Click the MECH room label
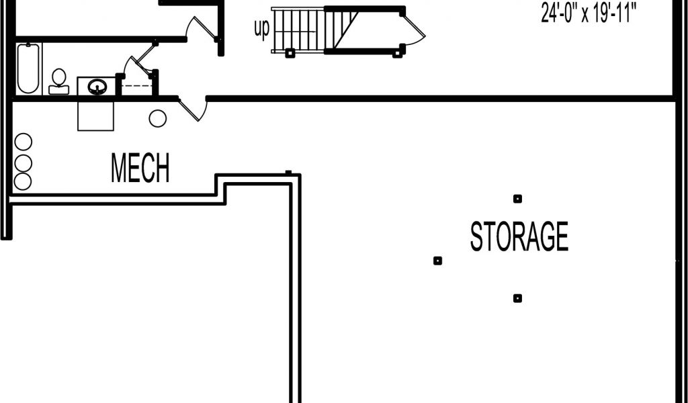140,167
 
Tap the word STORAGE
519,236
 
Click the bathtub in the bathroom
28,69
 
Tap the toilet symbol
59,81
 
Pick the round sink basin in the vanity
97,87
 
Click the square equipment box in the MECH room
95,116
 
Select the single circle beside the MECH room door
157,118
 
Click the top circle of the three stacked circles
24,142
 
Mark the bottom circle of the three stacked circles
23,181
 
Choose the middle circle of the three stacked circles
24,163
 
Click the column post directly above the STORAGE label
518,199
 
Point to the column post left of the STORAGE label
437,261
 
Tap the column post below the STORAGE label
518,299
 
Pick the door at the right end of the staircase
414,29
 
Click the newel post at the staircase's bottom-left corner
289,53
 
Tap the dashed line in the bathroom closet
136,85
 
